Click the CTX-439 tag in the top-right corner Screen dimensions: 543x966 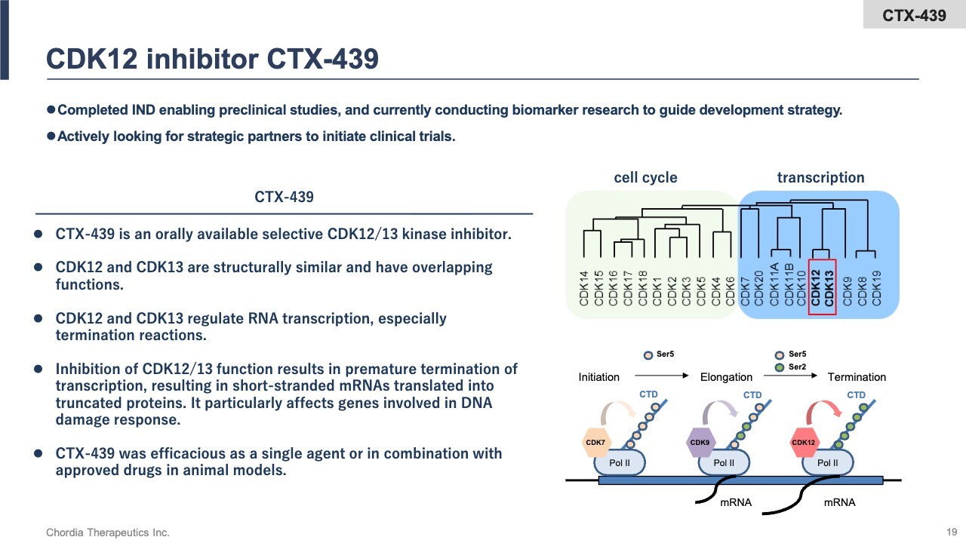tap(914, 15)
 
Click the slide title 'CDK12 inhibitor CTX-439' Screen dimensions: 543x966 tap(212, 59)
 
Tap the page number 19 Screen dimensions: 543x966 tap(951, 532)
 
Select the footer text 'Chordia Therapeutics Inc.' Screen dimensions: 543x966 tap(108, 532)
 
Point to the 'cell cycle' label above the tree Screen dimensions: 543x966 tap(645, 178)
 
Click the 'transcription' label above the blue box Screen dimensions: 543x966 tap(820, 178)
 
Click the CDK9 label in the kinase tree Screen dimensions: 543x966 tap(848, 290)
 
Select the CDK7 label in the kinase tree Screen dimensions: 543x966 tap(745, 290)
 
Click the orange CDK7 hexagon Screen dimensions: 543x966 tap(595, 443)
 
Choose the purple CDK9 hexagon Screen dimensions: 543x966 tap(700, 443)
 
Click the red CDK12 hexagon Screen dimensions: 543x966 tap(804, 443)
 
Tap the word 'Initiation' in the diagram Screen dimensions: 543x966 tap(598, 377)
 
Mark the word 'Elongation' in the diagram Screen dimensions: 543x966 tap(726, 377)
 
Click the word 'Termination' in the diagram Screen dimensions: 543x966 tap(857, 377)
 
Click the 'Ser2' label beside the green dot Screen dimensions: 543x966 tap(797, 367)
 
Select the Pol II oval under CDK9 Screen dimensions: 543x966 tap(724, 462)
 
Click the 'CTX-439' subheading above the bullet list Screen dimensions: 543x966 tap(284, 198)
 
